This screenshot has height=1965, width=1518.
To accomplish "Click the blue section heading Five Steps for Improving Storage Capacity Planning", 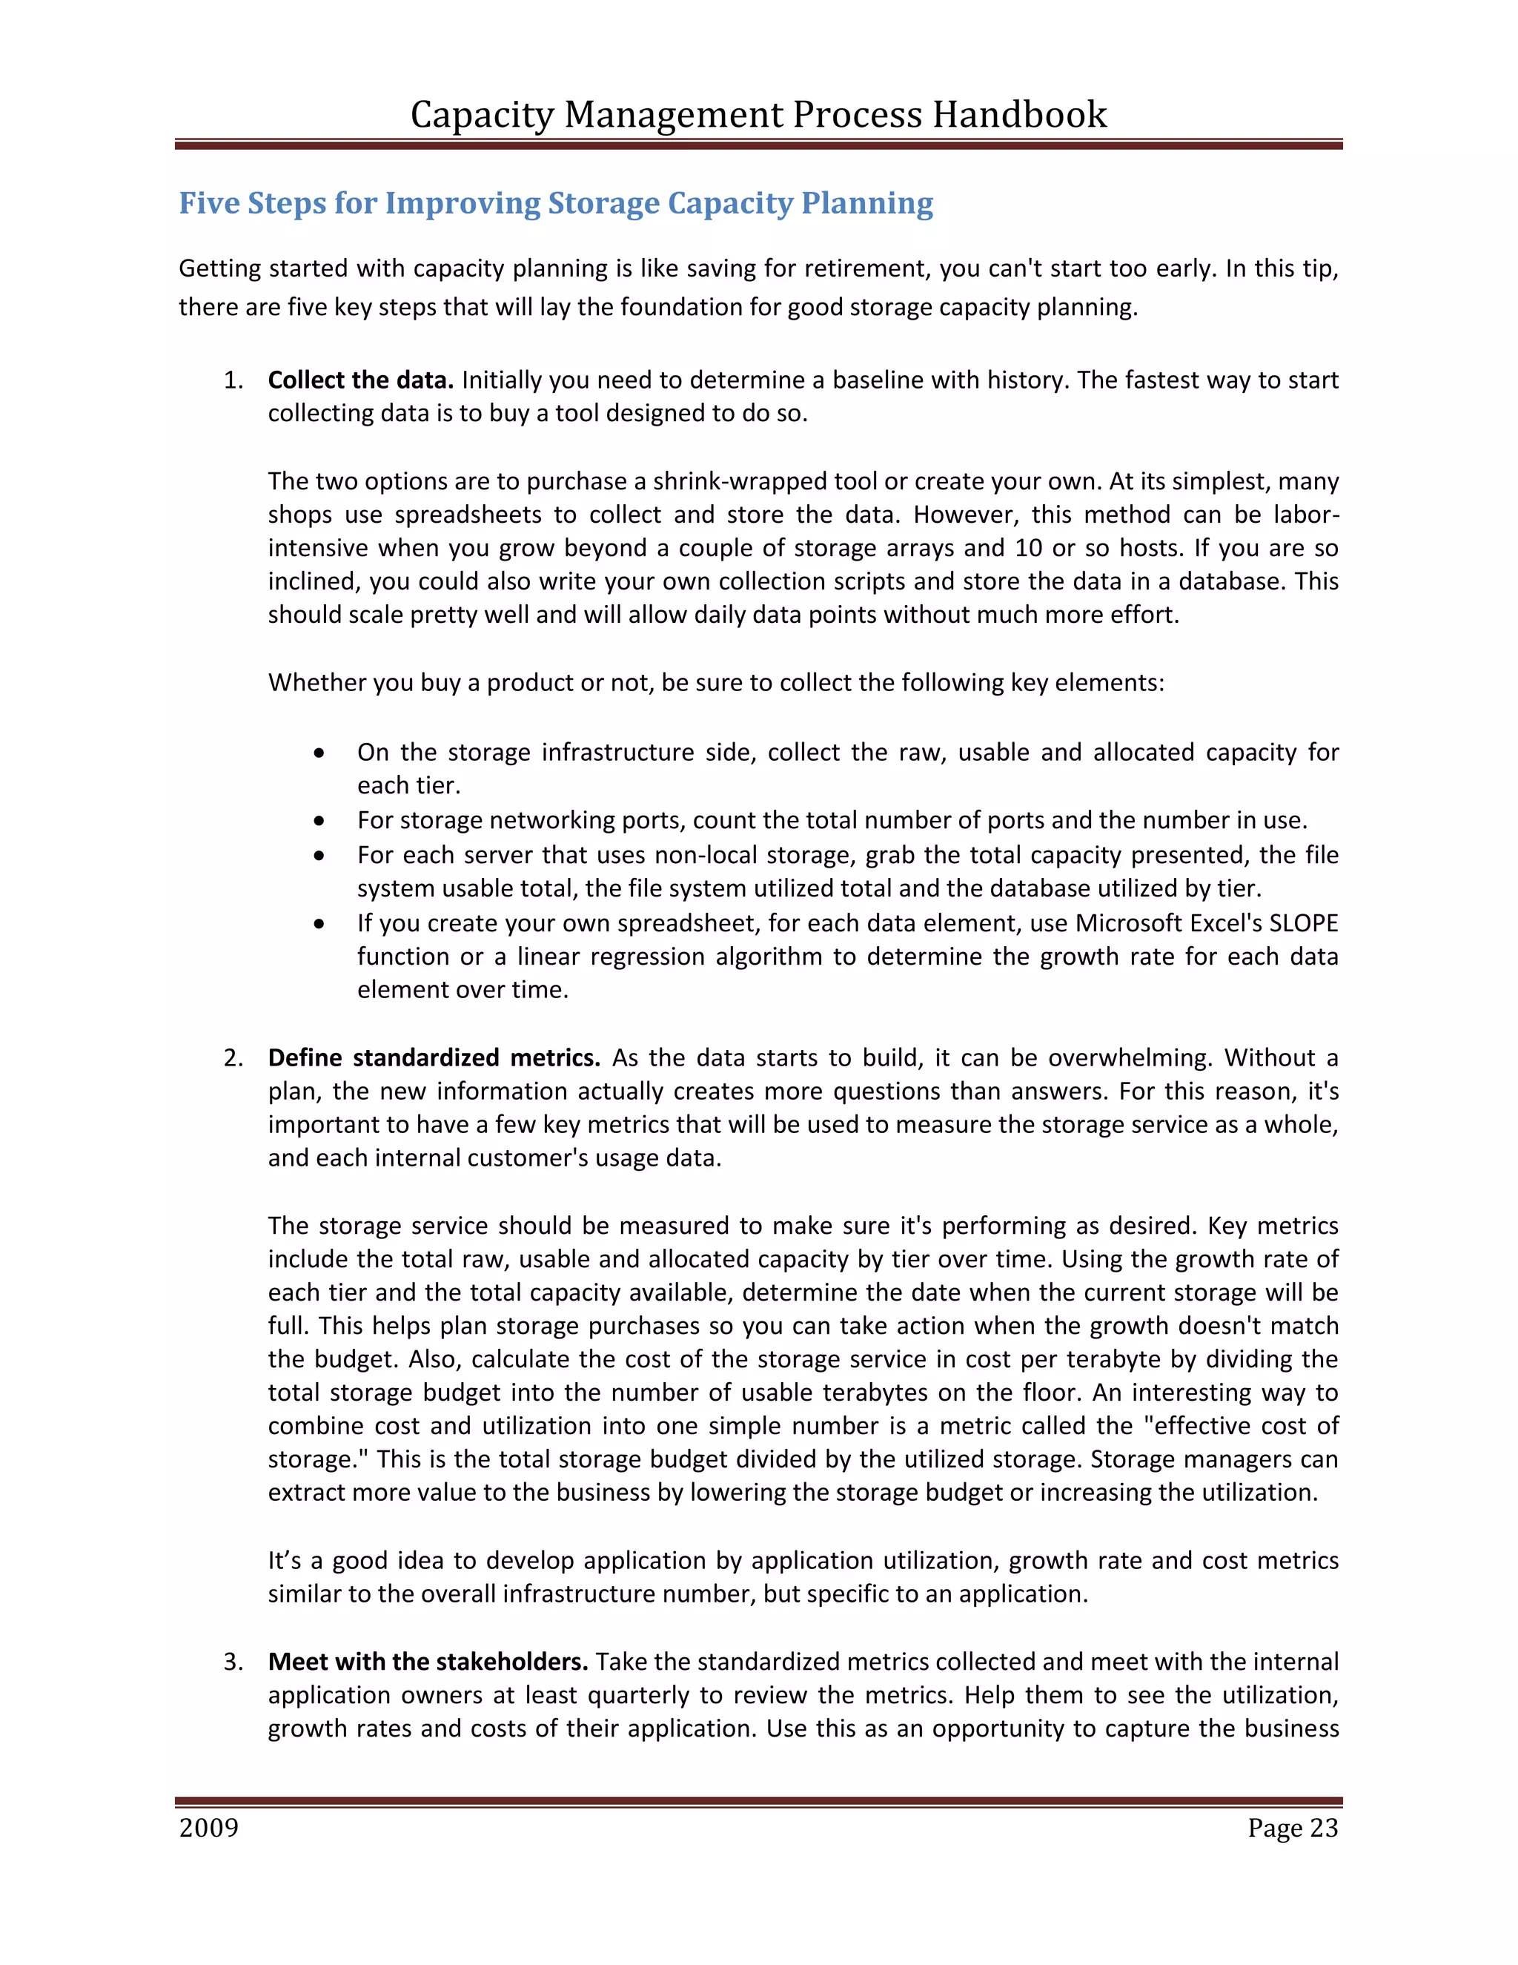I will pyautogui.click(x=556, y=203).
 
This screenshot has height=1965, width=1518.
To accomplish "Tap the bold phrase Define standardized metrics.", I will pyautogui.click(x=434, y=1057).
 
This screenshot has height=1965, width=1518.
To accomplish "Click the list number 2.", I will pyautogui.click(x=233, y=1057).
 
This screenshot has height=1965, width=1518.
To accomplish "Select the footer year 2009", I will pyautogui.click(x=208, y=1829).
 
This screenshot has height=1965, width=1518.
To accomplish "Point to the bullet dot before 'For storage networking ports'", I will pyautogui.click(x=319, y=821).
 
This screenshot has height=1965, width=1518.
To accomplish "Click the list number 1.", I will pyautogui.click(x=233, y=380).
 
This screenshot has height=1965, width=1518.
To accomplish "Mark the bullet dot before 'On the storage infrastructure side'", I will pyautogui.click(x=319, y=752).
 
